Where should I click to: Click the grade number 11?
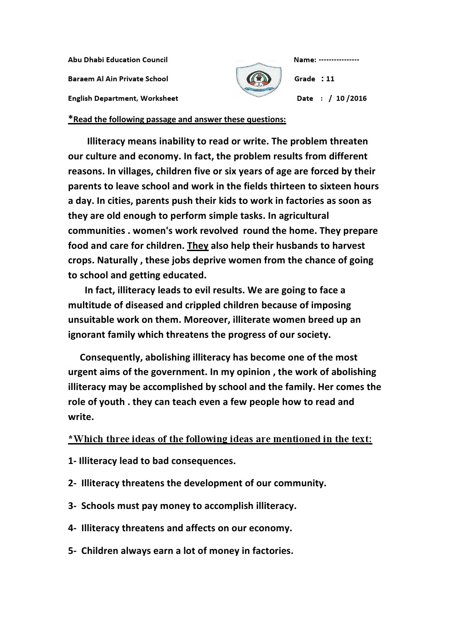[x=330, y=79]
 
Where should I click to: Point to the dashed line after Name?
[x=339, y=59]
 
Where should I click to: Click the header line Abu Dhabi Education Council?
[x=117, y=59]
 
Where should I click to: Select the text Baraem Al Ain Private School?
[x=118, y=79]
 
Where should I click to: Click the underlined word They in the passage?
[x=198, y=246]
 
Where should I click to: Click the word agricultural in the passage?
[x=299, y=216]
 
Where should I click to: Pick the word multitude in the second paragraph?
[x=88, y=305]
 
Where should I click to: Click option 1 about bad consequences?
[x=152, y=461]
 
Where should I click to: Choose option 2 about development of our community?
[x=197, y=483]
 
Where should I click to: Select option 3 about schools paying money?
[x=182, y=506]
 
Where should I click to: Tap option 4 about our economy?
[x=180, y=528]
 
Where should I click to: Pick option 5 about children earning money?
[x=181, y=551]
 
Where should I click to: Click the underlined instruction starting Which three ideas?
[x=220, y=439]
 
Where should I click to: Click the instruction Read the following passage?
[x=177, y=119]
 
